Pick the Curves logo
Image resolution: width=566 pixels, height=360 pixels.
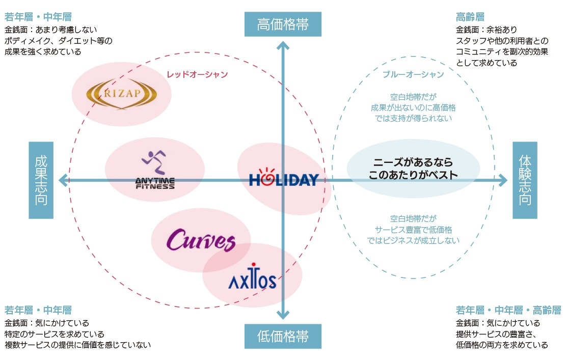point(201,241)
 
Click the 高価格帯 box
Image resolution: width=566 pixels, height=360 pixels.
point(283,24)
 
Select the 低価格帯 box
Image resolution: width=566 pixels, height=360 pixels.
point(283,336)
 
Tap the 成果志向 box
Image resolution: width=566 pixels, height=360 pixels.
point(41,180)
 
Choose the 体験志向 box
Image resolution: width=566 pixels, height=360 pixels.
point(525,180)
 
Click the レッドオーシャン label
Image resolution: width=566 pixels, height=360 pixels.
point(197,74)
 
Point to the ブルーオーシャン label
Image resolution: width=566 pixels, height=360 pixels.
point(413,74)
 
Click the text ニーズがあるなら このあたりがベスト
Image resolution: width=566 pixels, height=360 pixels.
point(413,169)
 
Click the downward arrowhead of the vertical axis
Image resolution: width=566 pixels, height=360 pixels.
point(283,314)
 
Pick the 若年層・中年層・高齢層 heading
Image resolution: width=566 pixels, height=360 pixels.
point(508,310)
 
